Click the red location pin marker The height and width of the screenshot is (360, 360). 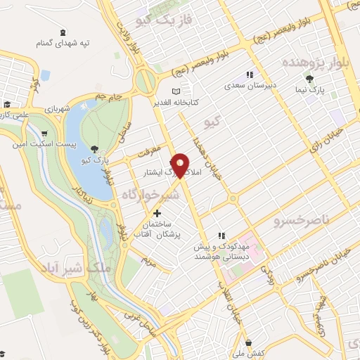pyautogui.click(x=181, y=165)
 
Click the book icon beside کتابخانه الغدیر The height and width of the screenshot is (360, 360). pyautogui.click(x=176, y=91)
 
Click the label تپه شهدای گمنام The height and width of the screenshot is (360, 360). pyautogui.click(x=64, y=44)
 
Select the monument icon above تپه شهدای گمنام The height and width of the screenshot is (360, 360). pyautogui.click(x=64, y=33)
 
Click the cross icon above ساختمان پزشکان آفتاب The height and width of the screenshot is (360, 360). pyautogui.click(x=156, y=213)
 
